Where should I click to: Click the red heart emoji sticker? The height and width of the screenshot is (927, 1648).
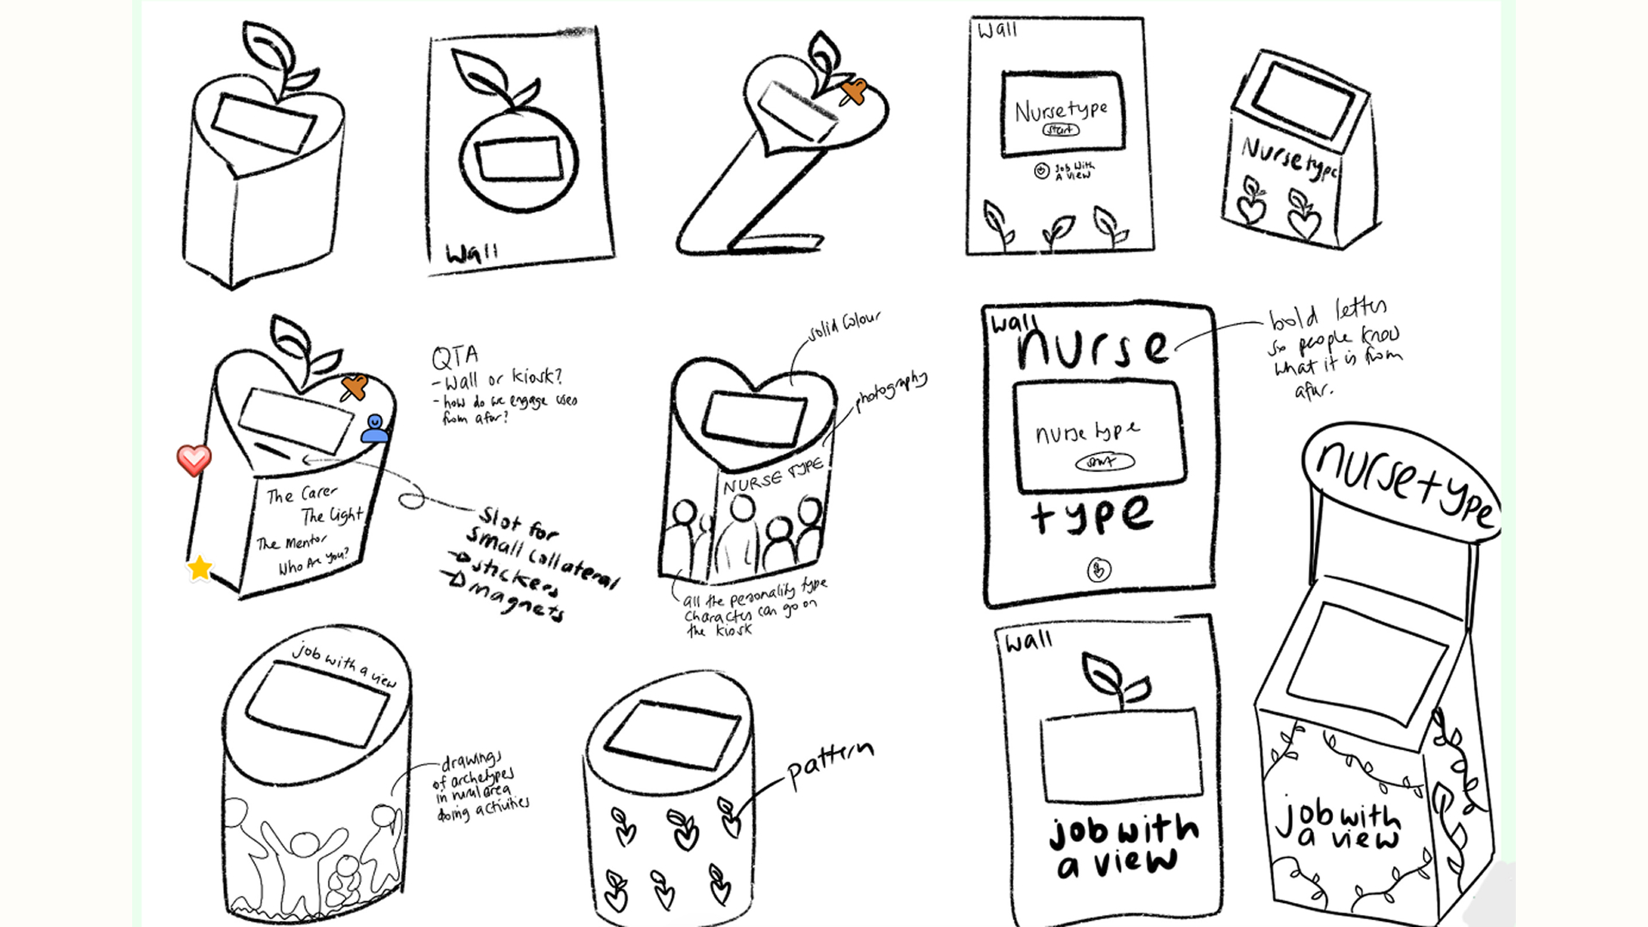click(x=194, y=460)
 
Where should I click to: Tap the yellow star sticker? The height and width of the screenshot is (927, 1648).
click(x=199, y=568)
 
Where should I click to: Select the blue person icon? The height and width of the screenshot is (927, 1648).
click(x=374, y=428)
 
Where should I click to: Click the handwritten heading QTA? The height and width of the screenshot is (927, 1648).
click(x=455, y=356)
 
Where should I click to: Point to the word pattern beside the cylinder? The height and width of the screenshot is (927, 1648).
click(x=829, y=764)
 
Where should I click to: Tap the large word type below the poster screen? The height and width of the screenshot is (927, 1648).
click(x=1092, y=515)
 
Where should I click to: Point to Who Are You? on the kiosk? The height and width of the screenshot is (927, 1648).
click(x=313, y=563)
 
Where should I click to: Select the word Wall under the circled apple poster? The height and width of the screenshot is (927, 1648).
click(x=471, y=253)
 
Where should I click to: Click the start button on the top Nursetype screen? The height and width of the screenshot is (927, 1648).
click(x=1061, y=130)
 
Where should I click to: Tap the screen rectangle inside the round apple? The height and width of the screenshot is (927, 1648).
click(x=518, y=160)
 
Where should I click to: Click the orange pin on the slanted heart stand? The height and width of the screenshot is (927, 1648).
click(x=853, y=91)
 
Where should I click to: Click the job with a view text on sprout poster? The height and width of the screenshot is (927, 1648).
click(x=1123, y=845)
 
